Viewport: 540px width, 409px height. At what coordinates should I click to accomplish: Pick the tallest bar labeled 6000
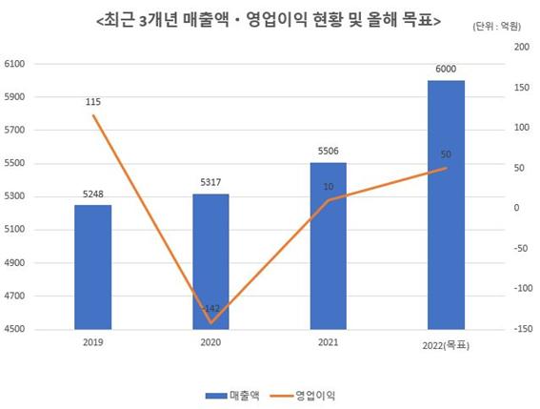[446, 205]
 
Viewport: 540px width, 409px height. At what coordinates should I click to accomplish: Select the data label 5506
[329, 152]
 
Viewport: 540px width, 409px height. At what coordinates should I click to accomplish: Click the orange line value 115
[92, 102]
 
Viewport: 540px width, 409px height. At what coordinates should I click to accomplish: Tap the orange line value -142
[211, 308]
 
